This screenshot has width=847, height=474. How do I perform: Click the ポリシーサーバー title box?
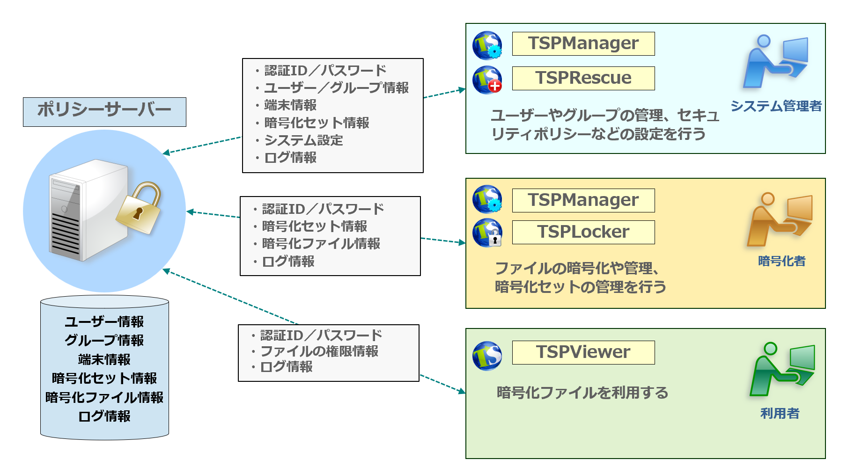pos(104,112)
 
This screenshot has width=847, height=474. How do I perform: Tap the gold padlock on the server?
pos(139,209)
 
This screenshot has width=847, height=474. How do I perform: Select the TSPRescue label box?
pos(583,78)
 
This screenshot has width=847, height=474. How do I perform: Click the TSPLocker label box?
pos(583,232)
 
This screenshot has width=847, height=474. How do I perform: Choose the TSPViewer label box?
pos(583,352)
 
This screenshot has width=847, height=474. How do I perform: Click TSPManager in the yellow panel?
pos(583,200)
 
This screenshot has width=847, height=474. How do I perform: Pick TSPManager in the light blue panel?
pos(583,44)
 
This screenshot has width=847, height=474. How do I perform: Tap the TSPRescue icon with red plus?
pos(487,80)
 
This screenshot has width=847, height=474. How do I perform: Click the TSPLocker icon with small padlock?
pos(487,233)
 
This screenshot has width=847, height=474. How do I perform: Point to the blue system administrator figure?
pos(775,62)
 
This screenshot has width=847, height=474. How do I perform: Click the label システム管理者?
pos(776,106)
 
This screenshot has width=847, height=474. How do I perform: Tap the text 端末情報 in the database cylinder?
pos(104,359)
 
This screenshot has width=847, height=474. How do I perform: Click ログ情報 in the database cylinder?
pos(104,416)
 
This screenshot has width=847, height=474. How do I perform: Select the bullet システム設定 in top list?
pos(303,140)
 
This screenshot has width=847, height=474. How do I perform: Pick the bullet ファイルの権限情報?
pos(319,351)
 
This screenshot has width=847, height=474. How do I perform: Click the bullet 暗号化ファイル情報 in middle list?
pos(321,244)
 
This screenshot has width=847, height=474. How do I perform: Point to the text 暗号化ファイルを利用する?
pos(582,393)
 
